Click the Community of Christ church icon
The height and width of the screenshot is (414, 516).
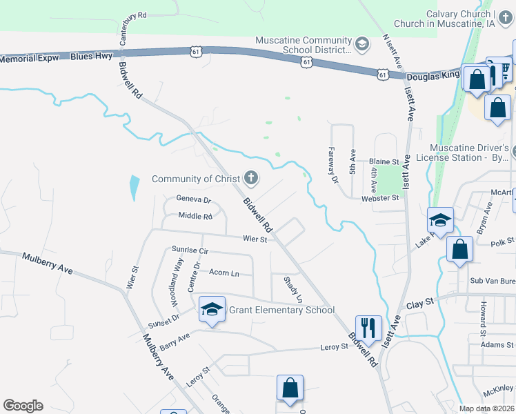(x=251, y=179)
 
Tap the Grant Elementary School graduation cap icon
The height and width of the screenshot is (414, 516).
(x=212, y=310)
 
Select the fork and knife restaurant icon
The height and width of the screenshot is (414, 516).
(x=368, y=326)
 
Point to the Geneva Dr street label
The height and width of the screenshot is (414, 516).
(x=192, y=199)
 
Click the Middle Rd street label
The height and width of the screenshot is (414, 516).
(x=195, y=216)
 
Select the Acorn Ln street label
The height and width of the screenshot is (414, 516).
(x=224, y=273)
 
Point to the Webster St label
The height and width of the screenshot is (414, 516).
(x=381, y=198)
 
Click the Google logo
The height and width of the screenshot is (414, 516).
(x=23, y=406)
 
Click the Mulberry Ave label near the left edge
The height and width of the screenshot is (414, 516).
(x=47, y=263)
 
